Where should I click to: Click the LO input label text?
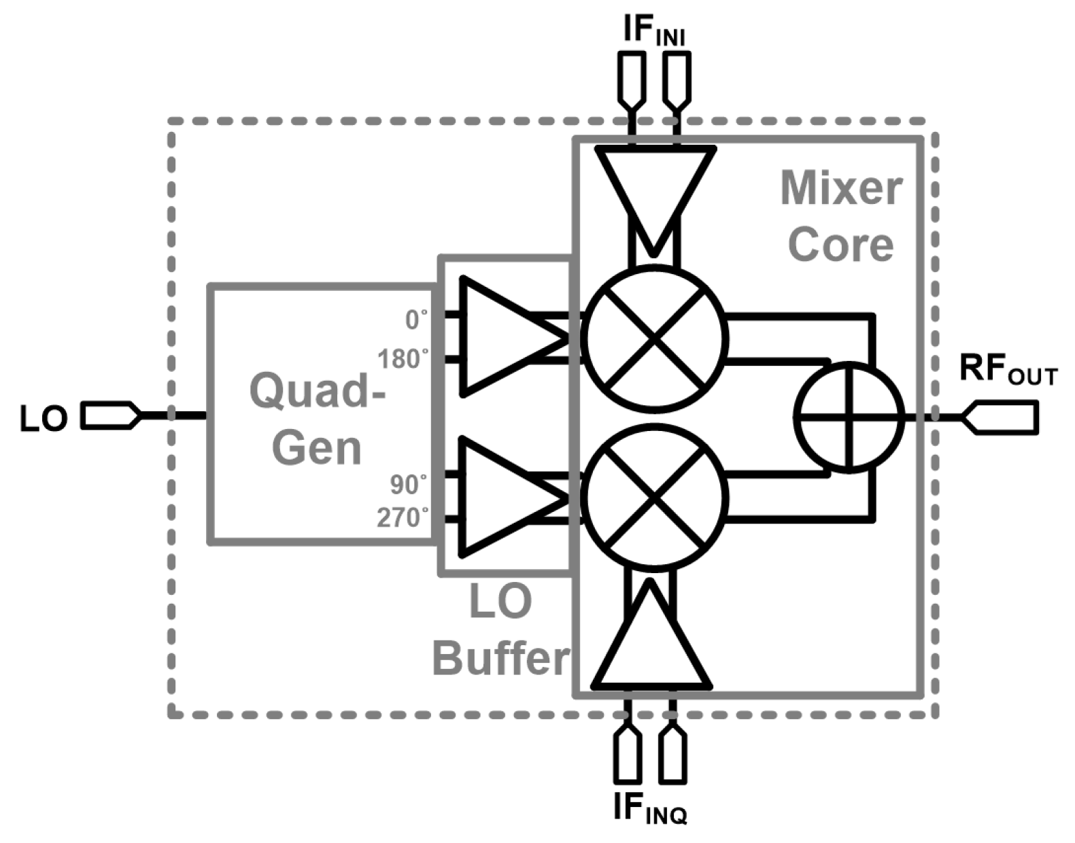pyautogui.click(x=44, y=419)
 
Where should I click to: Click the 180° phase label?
pyautogui.click(x=404, y=360)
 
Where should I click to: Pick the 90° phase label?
pyautogui.click(x=409, y=485)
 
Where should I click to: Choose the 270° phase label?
pyautogui.click(x=403, y=518)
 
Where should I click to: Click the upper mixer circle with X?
pyautogui.click(x=654, y=337)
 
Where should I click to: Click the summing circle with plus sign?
pyautogui.click(x=850, y=417)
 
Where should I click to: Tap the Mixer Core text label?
pyautogui.click(x=841, y=216)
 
